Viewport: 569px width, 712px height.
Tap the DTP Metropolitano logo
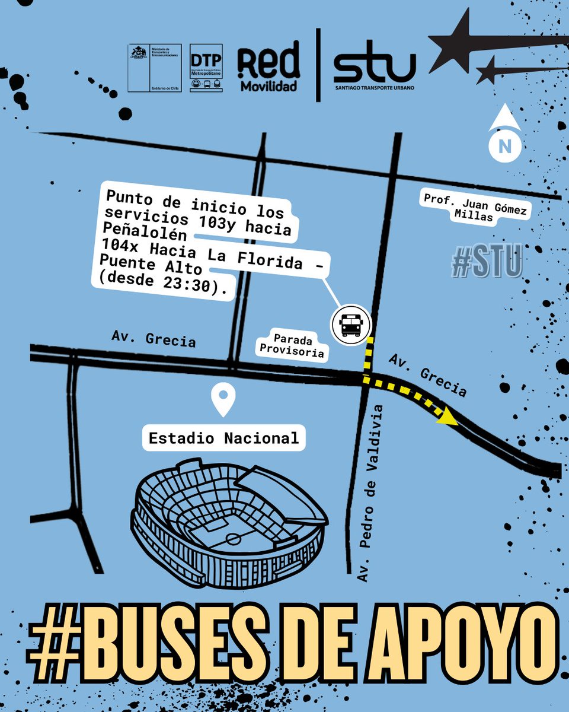tap(206, 68)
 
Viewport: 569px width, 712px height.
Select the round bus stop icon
tap(351, 325)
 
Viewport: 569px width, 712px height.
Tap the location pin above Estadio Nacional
tap(224, 399)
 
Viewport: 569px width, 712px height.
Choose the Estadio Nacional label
tap(224, 438)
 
